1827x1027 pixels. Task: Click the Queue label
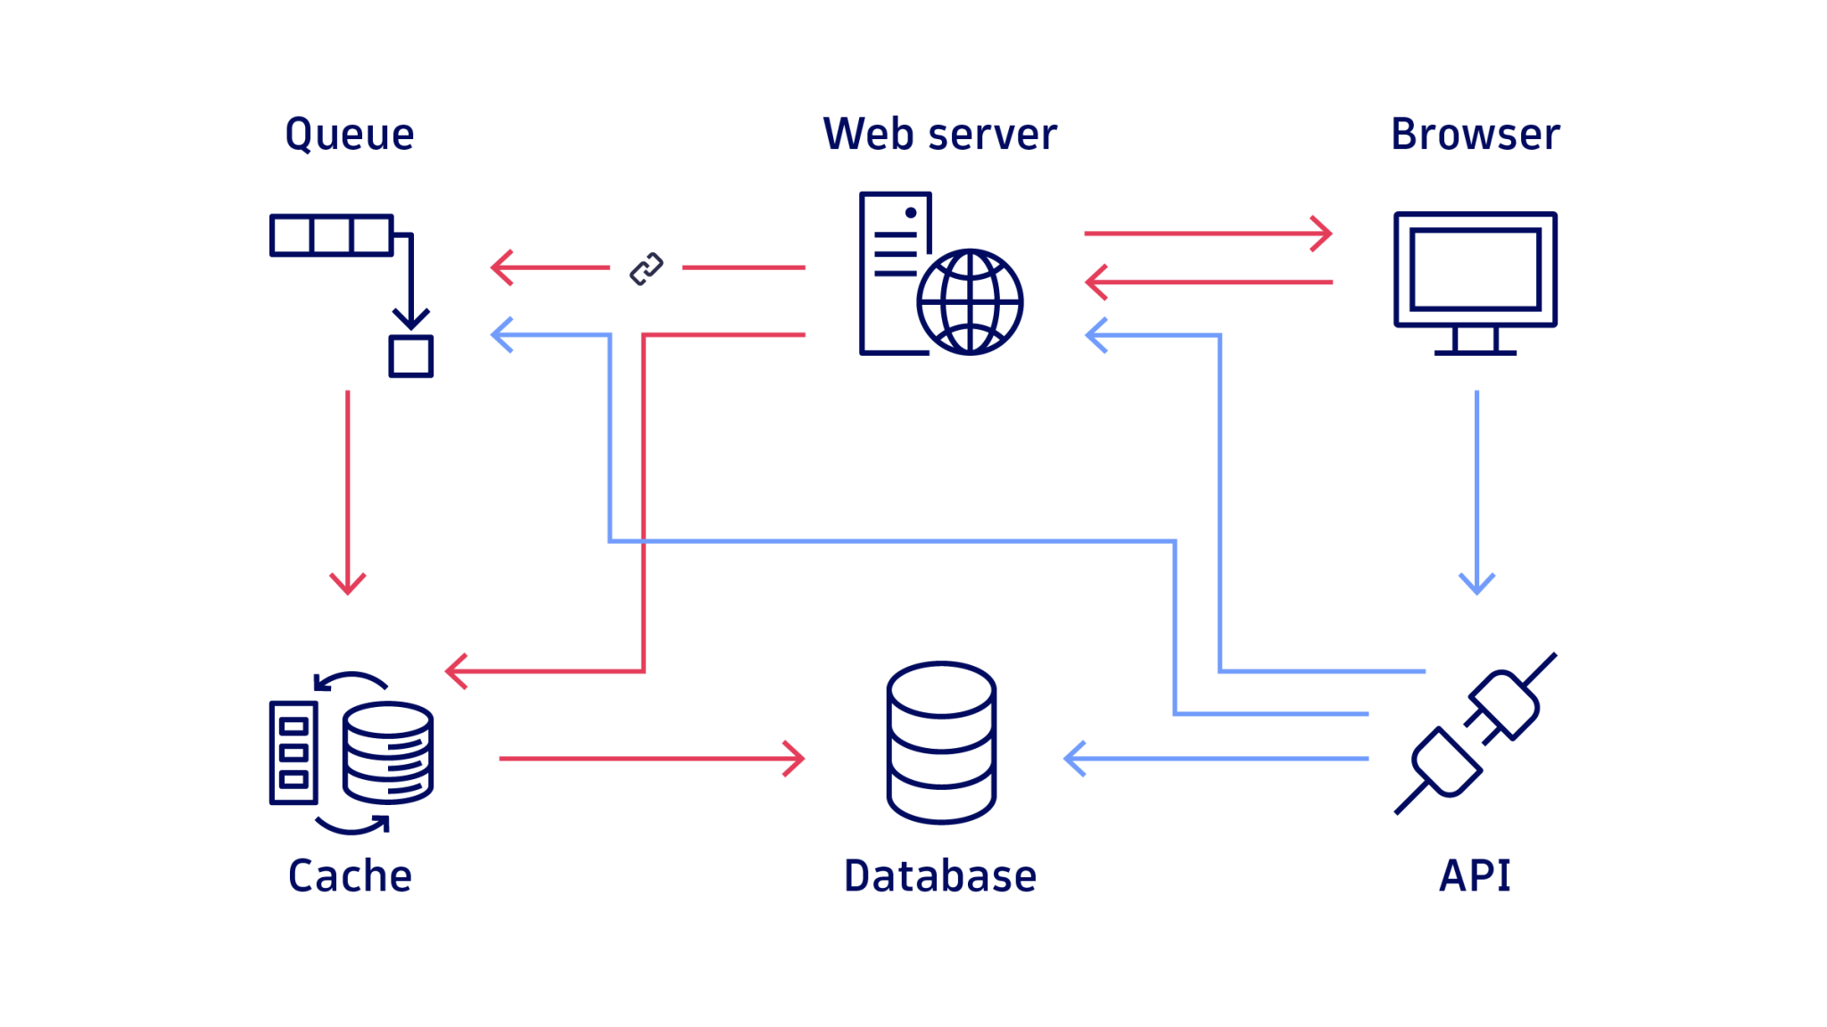(350, 135)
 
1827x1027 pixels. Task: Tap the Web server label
(939, 135)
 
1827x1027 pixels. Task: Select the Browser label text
(1475, 135)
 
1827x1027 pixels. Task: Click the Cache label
(350, 876)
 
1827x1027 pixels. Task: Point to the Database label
(939, 876)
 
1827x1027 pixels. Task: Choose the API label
(1475, 876)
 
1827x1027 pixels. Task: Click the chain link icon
(647, 268)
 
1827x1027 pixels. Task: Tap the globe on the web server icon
(970, 302)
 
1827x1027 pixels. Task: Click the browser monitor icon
(1476, 270)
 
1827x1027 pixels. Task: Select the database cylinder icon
(941, 743)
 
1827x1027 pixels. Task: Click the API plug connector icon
(1476, 734)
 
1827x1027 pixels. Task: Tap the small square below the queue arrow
(411, 357)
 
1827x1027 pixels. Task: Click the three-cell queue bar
(331, 236)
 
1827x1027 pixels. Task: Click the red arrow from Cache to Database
(651, 759)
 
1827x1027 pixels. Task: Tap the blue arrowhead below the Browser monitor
(1476, 585)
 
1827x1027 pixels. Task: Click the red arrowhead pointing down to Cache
(348, 585)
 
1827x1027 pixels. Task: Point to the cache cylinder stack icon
(388, 753)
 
